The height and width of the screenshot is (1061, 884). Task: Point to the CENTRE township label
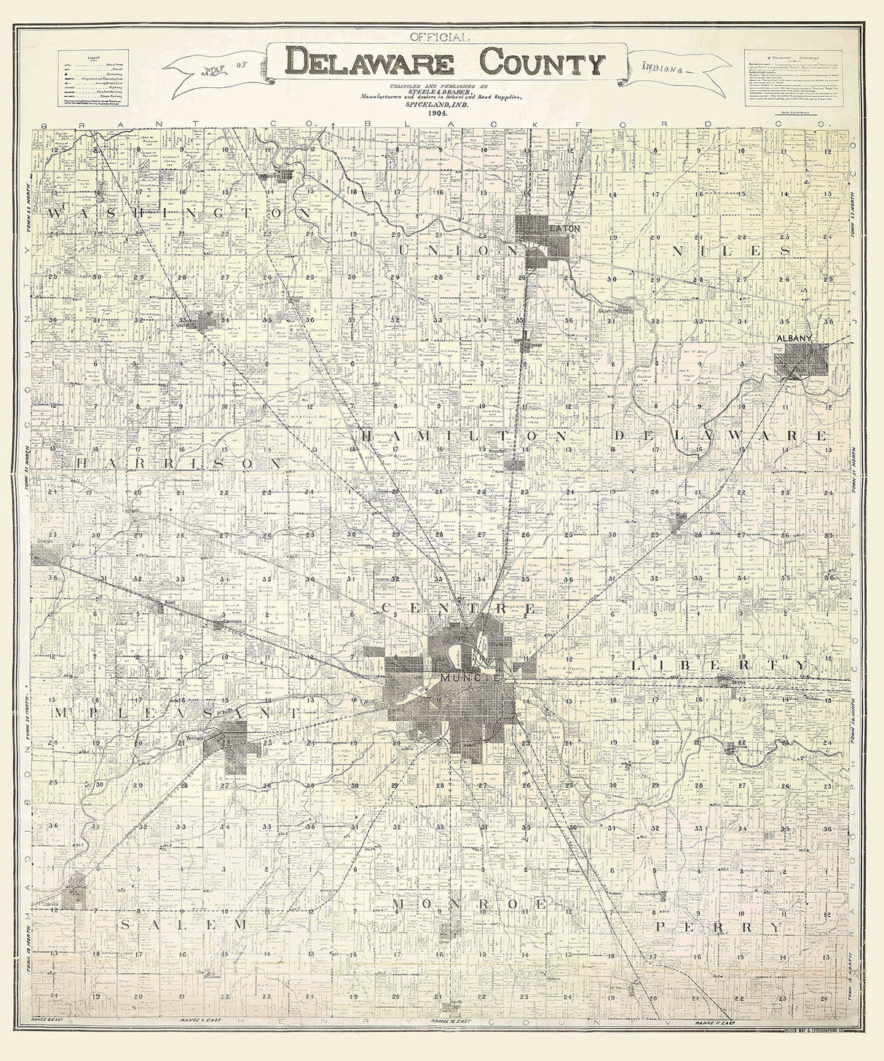tap(459, 607)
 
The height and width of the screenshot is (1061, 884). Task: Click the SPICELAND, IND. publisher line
tap(441, 105)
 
